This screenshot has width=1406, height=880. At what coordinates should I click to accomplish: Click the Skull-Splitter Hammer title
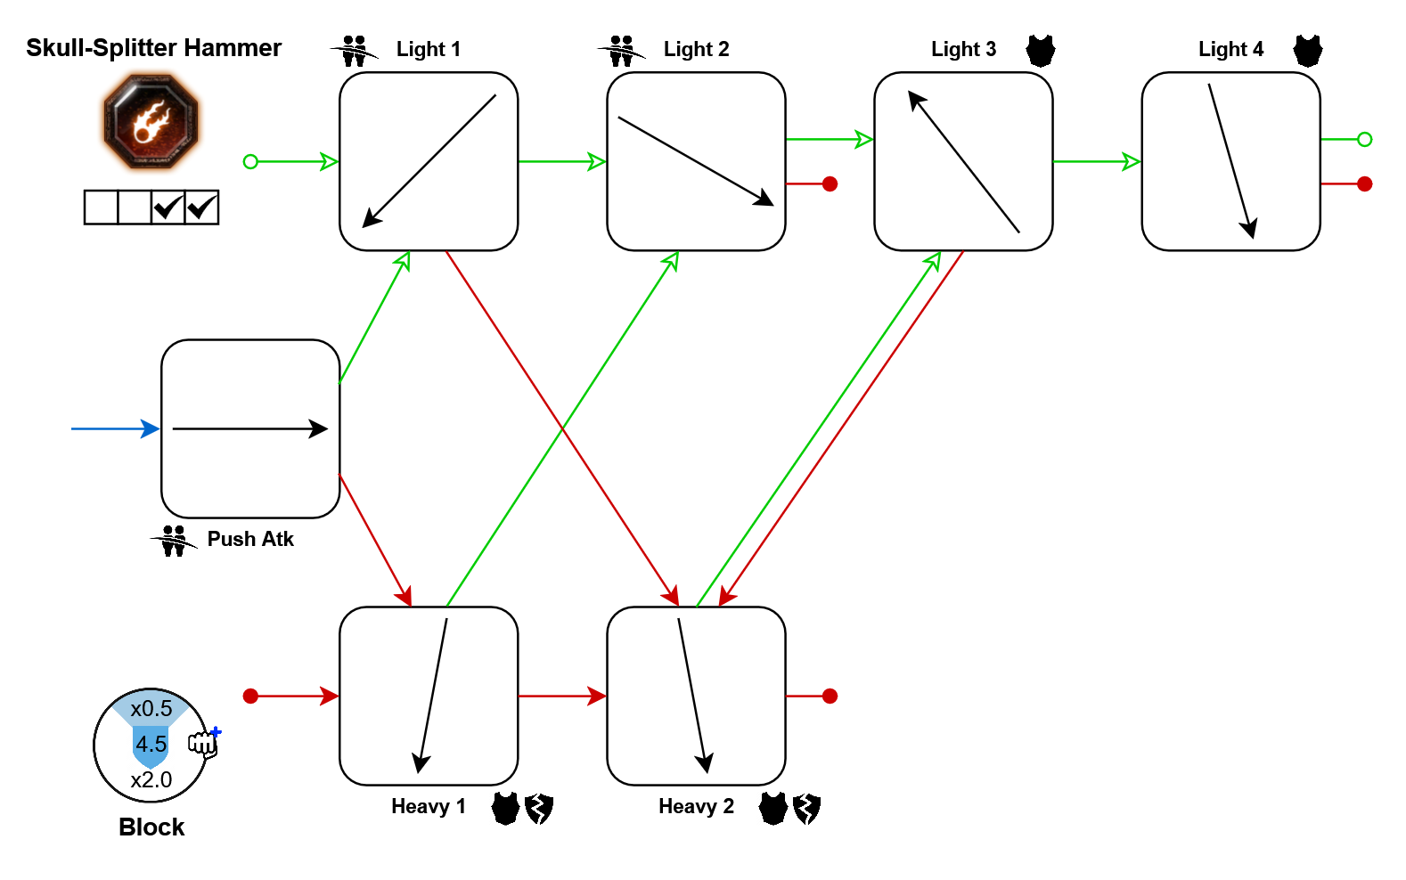pos(153,48)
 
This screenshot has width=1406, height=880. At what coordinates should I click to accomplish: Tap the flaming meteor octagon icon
pos(151,121)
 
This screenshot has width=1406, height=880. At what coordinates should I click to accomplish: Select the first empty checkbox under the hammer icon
pos(101,208)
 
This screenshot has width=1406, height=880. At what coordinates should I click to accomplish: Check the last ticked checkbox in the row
pos(201,208)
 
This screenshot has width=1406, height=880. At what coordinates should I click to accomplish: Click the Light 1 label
pos(428,50)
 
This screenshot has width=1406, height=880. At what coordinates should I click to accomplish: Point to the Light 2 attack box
pos(696,161)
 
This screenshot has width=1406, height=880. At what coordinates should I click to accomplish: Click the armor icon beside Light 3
pos(1040,51)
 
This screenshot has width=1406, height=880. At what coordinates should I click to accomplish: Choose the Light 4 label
pos(1230,50)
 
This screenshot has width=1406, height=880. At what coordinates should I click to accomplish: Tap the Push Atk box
pos(250,428)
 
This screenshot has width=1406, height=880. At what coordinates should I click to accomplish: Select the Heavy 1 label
pos(428,807)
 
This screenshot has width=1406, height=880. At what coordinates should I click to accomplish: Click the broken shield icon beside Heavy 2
pos(807,809)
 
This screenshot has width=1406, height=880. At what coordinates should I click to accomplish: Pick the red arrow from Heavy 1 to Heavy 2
pos(562,696)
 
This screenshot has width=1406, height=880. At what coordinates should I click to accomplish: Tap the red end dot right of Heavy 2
pos(830,696)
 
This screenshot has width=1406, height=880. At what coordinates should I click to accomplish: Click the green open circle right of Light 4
pos(1364,139)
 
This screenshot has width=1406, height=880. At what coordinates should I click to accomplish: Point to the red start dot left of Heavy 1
pos(250,696)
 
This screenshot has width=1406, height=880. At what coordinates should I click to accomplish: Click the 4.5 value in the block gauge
pos(151,744)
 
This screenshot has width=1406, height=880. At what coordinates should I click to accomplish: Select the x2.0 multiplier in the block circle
pos(151,780)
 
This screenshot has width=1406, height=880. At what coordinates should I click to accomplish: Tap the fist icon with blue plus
pos(204,741)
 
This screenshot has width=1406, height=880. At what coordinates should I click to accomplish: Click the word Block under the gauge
pos(151,827)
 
